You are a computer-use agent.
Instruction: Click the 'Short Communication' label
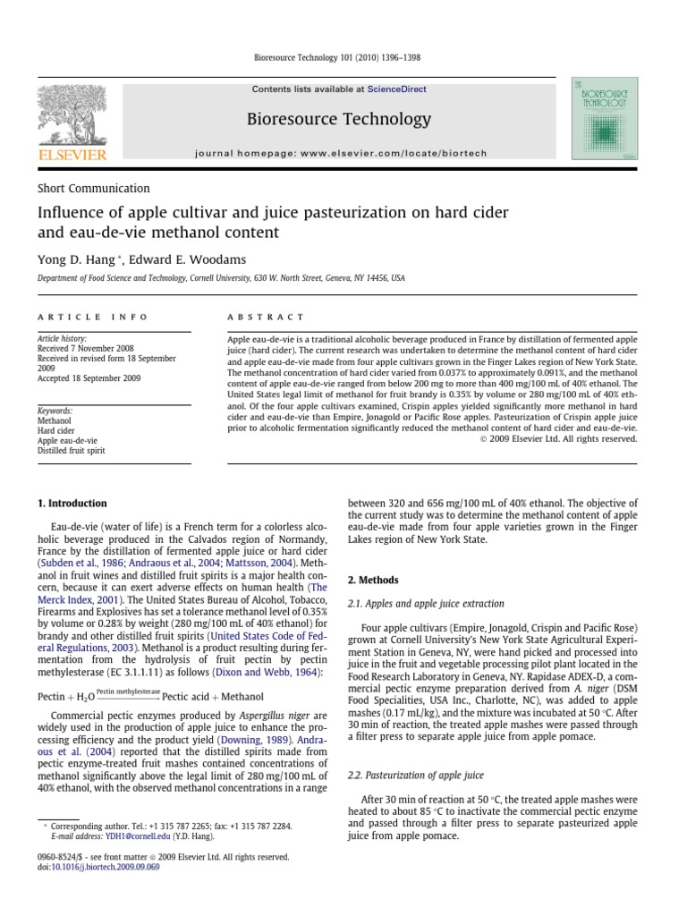coord(93,189)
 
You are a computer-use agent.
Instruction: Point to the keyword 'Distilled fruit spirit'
coord(71,451)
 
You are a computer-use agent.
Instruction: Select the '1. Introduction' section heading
coord(72,504)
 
